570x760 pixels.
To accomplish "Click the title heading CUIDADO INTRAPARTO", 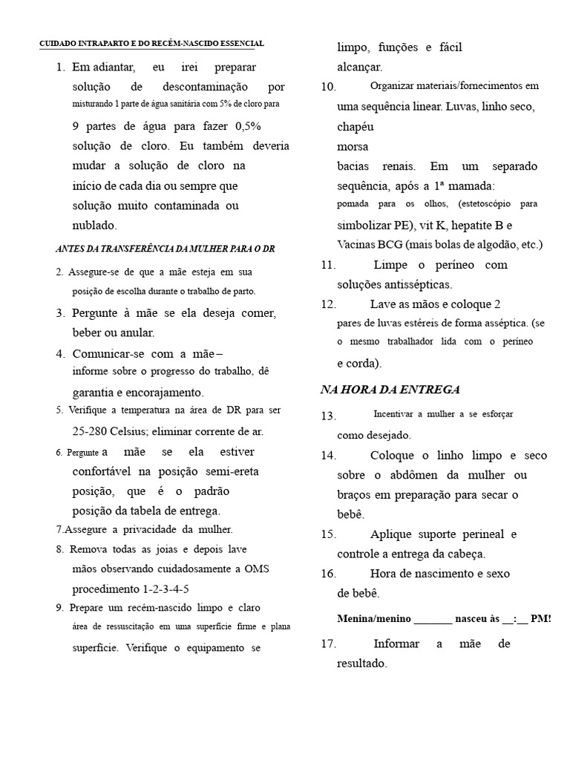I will click(151, 45).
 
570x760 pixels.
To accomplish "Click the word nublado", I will click(94, 225).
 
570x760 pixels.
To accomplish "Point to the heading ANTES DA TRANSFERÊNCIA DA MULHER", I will click(165, 249).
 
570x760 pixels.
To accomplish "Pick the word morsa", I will click(353, 146).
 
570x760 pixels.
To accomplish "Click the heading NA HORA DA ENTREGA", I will click(390, 390).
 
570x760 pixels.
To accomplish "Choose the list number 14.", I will click(329, 455).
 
